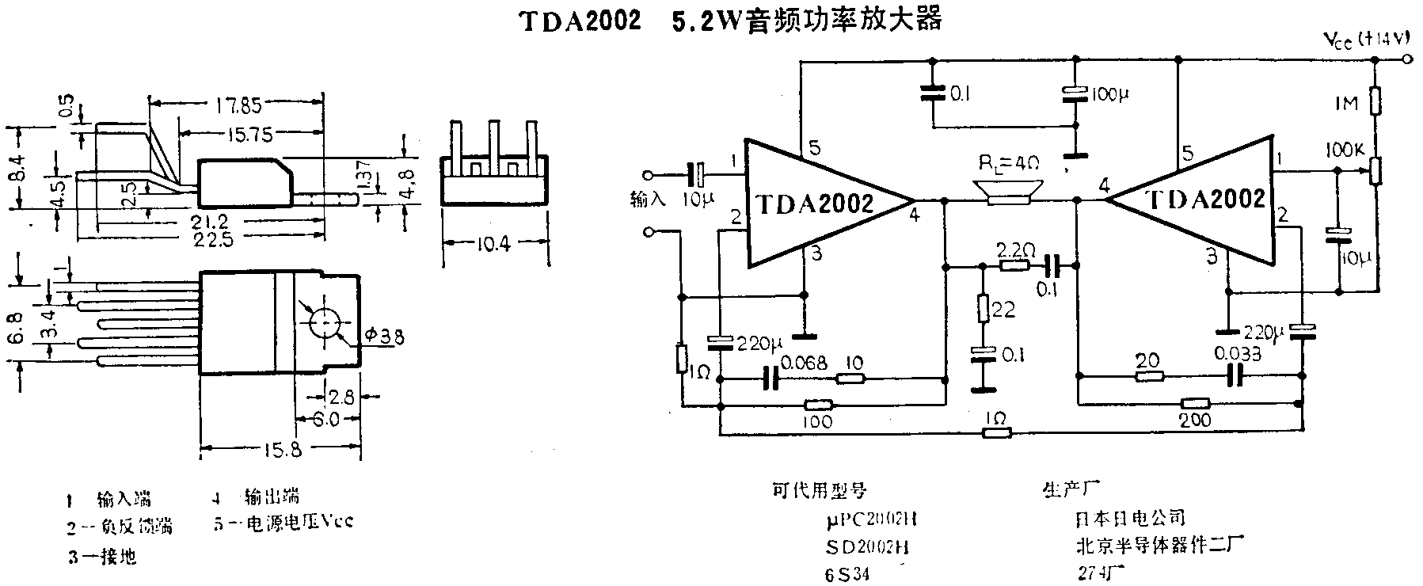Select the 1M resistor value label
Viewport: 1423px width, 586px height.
pyautogui.click(x=1345, y=103)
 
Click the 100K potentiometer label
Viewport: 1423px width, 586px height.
pyautogui.click(x=1342, y=150)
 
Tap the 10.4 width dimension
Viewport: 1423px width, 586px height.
pyautogui.click(x=494, y=244)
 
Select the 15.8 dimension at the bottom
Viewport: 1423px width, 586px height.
pyautogui.click(x=280, y=450)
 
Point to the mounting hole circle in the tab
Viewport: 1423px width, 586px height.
pyautogui.click(x=325, y=323)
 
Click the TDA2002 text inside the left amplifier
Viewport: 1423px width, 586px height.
pyautogui.click(x=815, y=204)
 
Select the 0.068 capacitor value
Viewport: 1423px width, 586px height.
pyautogui.click(x=804, y=363)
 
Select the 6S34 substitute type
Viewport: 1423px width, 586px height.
pyautogui.click(x=847, y=574)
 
